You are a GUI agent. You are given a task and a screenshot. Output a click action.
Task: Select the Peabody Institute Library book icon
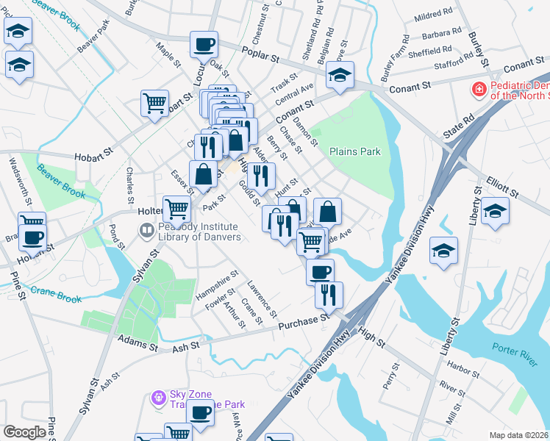click(147, 232)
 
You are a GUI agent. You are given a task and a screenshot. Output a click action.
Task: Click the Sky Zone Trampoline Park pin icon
click(157, 398)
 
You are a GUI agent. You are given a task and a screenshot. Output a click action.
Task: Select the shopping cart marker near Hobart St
click(155, 104)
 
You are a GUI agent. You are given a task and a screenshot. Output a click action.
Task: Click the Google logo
click(25, 432)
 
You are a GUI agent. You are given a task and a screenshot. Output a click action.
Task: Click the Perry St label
click(390, 376)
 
